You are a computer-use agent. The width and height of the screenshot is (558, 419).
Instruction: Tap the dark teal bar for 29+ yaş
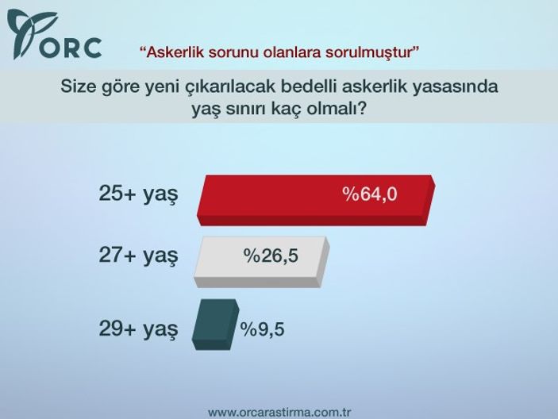point(214,324)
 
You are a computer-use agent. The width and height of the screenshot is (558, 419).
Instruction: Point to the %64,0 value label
point(369,195)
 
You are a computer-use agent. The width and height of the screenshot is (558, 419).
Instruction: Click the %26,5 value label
point(271,256)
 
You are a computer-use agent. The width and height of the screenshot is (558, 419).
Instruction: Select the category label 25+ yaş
point(137,195)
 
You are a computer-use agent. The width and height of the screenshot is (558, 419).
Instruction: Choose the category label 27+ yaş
point(137,256)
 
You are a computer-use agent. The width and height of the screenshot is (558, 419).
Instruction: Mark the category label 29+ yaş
point(137,328)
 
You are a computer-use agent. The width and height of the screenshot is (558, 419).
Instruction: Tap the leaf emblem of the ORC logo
point(26,33)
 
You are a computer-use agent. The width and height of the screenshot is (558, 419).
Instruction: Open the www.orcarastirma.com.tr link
point(279,413)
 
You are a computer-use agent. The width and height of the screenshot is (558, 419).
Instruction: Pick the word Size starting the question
point(79,86)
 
